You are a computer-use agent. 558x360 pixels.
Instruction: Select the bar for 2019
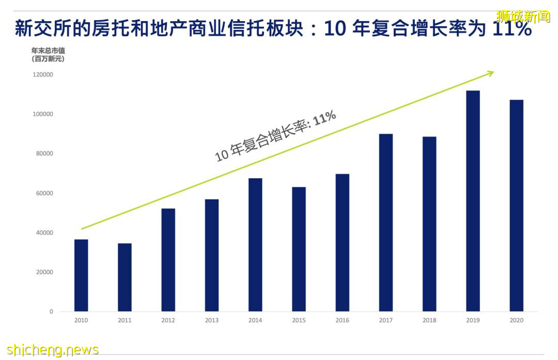click(473, 201)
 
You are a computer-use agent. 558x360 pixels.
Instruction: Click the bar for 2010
click(81, 275)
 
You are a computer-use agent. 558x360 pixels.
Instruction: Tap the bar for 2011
click(125, 277)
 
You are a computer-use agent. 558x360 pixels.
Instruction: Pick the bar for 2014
click(255, 245)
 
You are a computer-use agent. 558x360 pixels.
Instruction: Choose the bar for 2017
click(386, 223)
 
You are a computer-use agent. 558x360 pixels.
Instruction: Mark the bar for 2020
click(516, 206)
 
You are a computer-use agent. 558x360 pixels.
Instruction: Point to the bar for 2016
click(342, 243)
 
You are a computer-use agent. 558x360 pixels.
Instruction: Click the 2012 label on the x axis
click(168, 320)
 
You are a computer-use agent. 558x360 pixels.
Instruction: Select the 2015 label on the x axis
click(299, 320)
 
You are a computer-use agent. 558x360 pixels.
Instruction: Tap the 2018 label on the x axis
click(429, 320)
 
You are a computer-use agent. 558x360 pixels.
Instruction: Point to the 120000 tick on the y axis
click(43, 75)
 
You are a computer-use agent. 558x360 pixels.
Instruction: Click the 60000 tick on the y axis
click(45, 193)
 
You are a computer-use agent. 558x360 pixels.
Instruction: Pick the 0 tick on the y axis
click(51, 311)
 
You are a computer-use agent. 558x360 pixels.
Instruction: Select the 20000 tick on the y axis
click(45, 272)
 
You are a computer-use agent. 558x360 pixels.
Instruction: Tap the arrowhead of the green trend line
click(491, 73)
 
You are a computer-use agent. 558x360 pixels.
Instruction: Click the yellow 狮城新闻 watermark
click(523, 17)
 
